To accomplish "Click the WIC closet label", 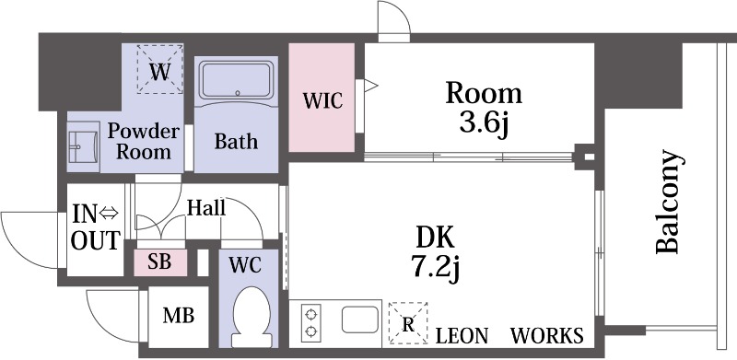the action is click(x=322, y=100).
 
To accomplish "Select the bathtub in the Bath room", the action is click(x=237, y=81).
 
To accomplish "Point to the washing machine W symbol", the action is click(x=159, y=70).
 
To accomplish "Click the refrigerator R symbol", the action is click(x=408, y=323).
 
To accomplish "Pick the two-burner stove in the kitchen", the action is click(x=310, y=322).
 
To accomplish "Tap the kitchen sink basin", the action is click(x=360, y=319).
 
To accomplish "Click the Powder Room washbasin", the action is click(x=83, y=146).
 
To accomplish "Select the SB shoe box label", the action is click(x=159, y=261).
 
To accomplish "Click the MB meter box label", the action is click(x=178, y=316).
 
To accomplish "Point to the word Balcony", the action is click(x=668, y=202).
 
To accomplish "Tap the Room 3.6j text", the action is click(x=484, y=108).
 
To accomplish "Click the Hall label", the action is click(x=205, y=208).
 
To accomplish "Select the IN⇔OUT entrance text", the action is click(x=96, y=227).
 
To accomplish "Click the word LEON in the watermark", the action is click(x=462, y=335).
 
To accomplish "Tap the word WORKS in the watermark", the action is click(x=546, y=335).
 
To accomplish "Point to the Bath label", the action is click(x=236, y=141).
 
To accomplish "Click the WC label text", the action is click(x=244, y=265).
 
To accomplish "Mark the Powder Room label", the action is click(x=144, y=142).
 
